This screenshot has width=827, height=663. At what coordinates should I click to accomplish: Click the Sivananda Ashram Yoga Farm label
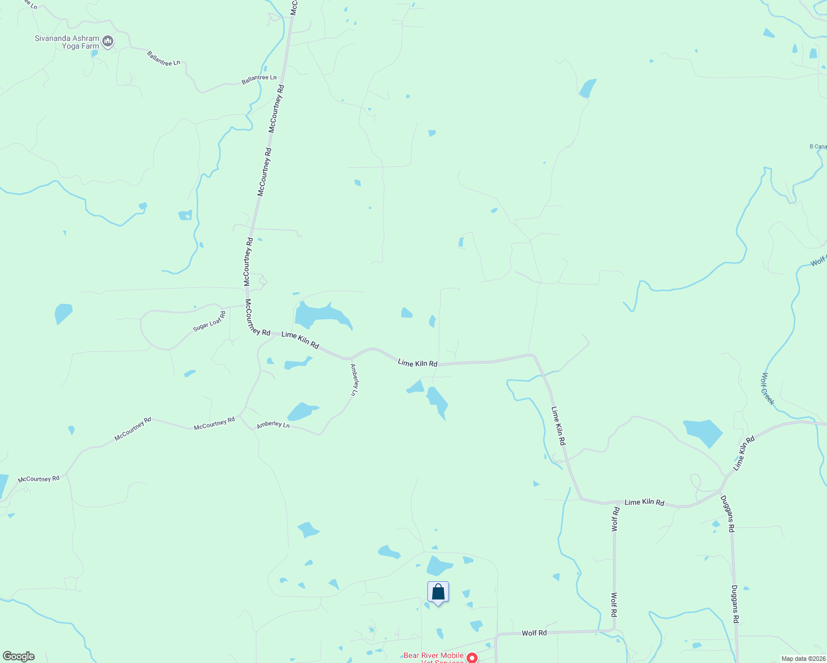click(x=66, y=43)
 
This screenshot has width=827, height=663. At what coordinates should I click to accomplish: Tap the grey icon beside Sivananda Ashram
click(x=108, y=41)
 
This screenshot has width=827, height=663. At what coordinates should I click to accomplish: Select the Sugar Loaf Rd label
click(x=210, y=322)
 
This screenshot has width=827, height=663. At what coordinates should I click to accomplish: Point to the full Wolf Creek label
click(x=767, y=388)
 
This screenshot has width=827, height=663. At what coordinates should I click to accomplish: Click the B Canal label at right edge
click(x=818, y=146)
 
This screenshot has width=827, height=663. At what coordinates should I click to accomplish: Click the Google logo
click(x=18, y=656)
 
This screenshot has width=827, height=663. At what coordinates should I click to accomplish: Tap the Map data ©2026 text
click(x=803, y=659)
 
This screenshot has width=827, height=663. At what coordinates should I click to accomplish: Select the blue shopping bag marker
click(x=438, y=593)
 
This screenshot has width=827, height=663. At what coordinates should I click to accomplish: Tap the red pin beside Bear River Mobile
click(x=472, y=657)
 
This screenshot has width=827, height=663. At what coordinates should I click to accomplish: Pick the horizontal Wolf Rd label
click(x=534, y=633)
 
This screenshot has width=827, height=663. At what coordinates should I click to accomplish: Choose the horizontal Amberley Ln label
click(x=273, y=425)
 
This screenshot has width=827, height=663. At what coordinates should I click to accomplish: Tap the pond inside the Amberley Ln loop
click(x=301, y=412)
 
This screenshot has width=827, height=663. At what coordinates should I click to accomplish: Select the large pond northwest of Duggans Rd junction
click(x=703, y=432)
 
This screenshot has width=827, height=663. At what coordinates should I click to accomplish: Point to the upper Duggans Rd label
click(x=727, y=513)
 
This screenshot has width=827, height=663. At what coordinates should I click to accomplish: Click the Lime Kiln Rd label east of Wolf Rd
click(x=644, y=502)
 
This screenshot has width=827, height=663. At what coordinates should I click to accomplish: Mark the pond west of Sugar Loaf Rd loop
click(x=63, y=313)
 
